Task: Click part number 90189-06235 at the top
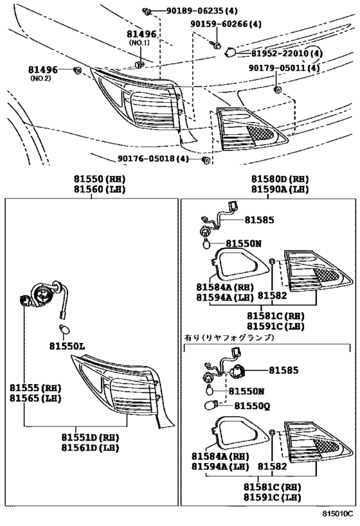(x=187, y=12)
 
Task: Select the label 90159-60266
(x=225, y=24)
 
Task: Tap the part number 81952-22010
(x=286, y=55)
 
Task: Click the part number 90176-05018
(x=154, y=159)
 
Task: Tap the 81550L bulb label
(x=67, y=346)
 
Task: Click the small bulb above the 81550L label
(x=64, y=330)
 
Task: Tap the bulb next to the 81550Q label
(x=215, y=405)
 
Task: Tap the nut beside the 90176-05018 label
(x=205, y=159)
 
